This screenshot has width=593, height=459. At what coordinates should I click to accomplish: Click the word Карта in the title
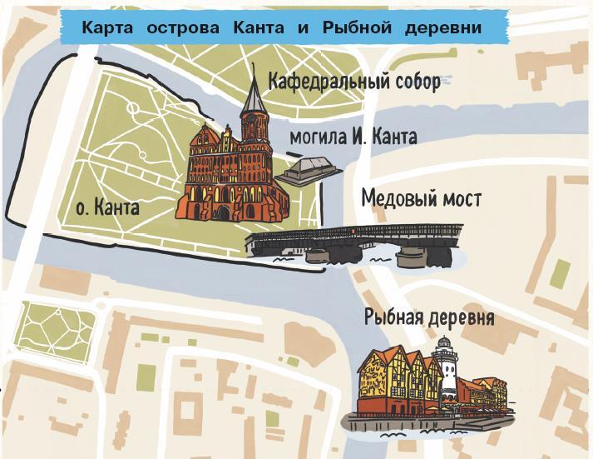pos(108,27)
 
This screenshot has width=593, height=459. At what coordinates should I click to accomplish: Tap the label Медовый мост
pos(421,200)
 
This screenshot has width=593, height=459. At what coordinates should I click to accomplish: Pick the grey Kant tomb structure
pos(309,171)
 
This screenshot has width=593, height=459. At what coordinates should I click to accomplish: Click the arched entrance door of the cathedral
pos(222,213)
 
